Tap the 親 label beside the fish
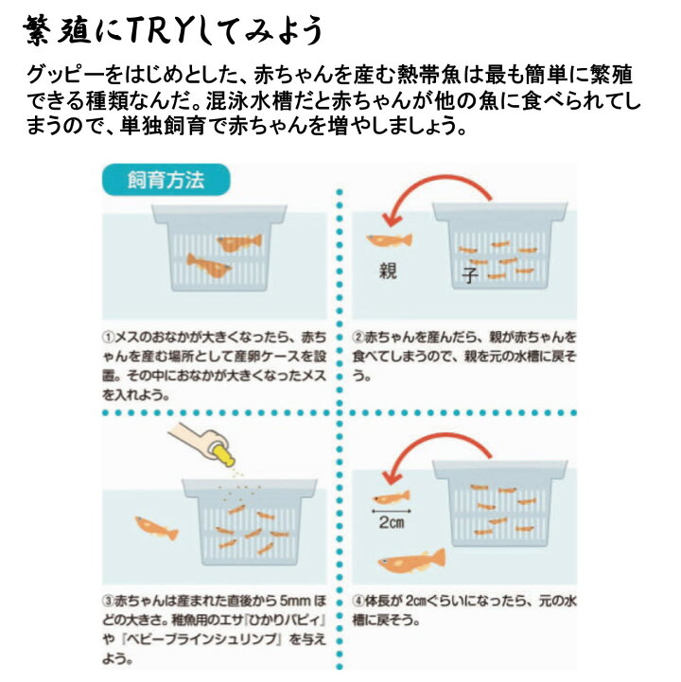387,271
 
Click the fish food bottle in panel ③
202,444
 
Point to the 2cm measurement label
390,521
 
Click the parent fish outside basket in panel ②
388,242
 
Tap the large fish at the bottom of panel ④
410,564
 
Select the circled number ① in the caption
109,337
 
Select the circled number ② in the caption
358,337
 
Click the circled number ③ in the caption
109,602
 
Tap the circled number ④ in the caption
358,602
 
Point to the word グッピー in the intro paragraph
67,75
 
